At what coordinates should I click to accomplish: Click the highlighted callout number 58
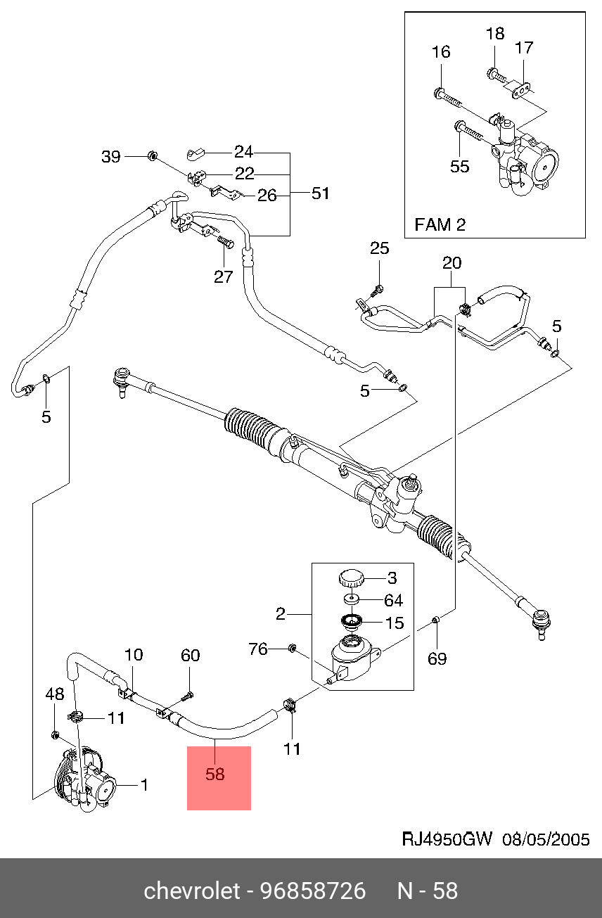coord(214,774)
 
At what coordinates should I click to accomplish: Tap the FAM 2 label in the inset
coord(440,225)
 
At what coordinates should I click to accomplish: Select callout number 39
coord(112,157)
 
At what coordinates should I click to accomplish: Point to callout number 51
coord(321,193)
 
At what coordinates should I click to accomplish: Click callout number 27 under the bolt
coord(223,276)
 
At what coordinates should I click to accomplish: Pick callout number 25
coord(379,248)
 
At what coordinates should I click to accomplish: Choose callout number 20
coord(451,263)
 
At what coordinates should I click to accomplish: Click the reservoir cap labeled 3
coord(351,579)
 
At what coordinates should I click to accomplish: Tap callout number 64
coord(394,600)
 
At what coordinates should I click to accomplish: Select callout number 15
coord(395,623)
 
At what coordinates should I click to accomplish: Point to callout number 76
coord(259,649)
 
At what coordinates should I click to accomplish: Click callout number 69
coord(437,659)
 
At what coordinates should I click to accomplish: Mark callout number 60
coord(191,656)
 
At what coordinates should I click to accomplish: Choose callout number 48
coord(55,694)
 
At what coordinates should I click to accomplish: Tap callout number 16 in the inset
coord(441,52)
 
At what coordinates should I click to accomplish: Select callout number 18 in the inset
coord(495,33)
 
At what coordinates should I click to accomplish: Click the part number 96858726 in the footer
coord(313,891)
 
